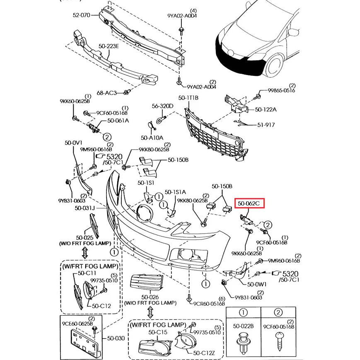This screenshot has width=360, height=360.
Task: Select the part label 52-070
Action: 82,15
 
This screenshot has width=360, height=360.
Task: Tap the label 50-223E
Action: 109,46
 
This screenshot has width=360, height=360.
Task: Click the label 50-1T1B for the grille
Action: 188,98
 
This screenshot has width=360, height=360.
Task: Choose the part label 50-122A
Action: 266,109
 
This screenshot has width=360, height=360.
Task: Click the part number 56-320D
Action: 162,106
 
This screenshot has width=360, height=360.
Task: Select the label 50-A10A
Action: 152,138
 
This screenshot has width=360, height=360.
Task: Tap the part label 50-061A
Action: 118,121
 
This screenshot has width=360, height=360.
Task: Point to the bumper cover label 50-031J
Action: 85,208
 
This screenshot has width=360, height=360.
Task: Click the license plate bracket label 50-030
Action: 116,338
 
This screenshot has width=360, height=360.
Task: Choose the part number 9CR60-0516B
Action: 209,303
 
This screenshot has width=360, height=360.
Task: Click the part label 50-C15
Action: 158,332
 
